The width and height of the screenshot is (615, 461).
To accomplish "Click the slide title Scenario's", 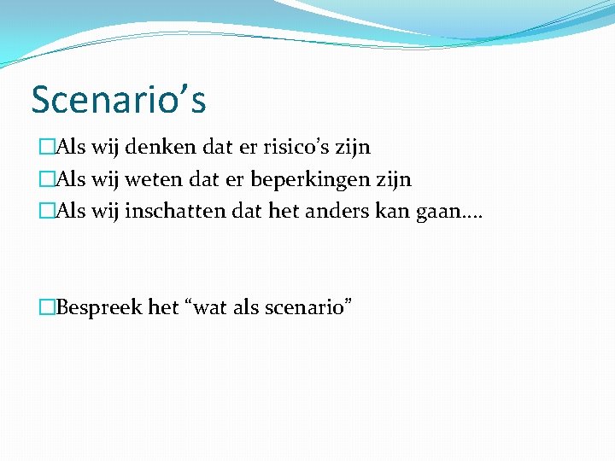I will (x=118, y=100).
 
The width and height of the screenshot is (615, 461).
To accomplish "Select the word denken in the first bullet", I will (x=162, y=148).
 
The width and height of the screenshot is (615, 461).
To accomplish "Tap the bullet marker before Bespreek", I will (x=46, y=307).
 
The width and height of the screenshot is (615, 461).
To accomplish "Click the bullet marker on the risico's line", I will (x=46, y=149).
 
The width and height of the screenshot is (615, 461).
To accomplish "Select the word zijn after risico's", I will (x=354, y=149).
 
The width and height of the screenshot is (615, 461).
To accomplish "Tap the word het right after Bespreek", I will (x=163, y=306).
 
